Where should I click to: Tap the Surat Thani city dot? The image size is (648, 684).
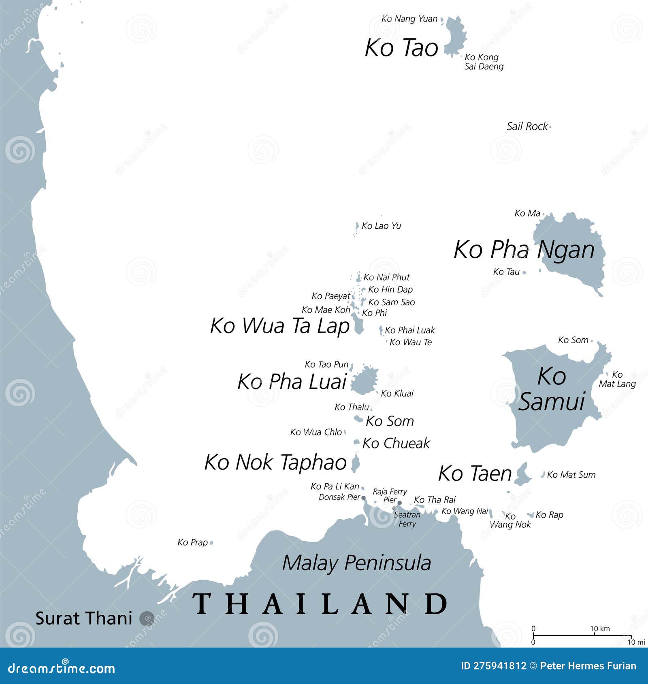pos(146,618)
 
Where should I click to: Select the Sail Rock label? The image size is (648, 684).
pos(527,126)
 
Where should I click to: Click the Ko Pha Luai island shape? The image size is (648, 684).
pos(364,380)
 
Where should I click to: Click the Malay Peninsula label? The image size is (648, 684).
pos(356,563)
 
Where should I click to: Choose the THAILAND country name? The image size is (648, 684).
pos(320,603)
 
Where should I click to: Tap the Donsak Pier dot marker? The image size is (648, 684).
pos(363,498)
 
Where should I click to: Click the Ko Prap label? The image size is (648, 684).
pos(192,542)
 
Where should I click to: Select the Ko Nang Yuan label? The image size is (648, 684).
pos(409,19)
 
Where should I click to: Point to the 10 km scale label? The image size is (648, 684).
pos(599,629)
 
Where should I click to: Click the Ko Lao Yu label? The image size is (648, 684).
pos(381,226)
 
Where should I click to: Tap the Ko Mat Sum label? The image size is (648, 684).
pos(571,475)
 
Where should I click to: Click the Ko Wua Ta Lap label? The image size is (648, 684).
pos(279,326)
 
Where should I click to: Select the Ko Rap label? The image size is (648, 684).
pos(549,515)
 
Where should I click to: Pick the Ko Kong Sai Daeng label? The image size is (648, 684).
pos(484,62)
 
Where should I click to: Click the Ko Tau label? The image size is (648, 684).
pos(506,272)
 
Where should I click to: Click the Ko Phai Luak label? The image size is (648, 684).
pos(410,330)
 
